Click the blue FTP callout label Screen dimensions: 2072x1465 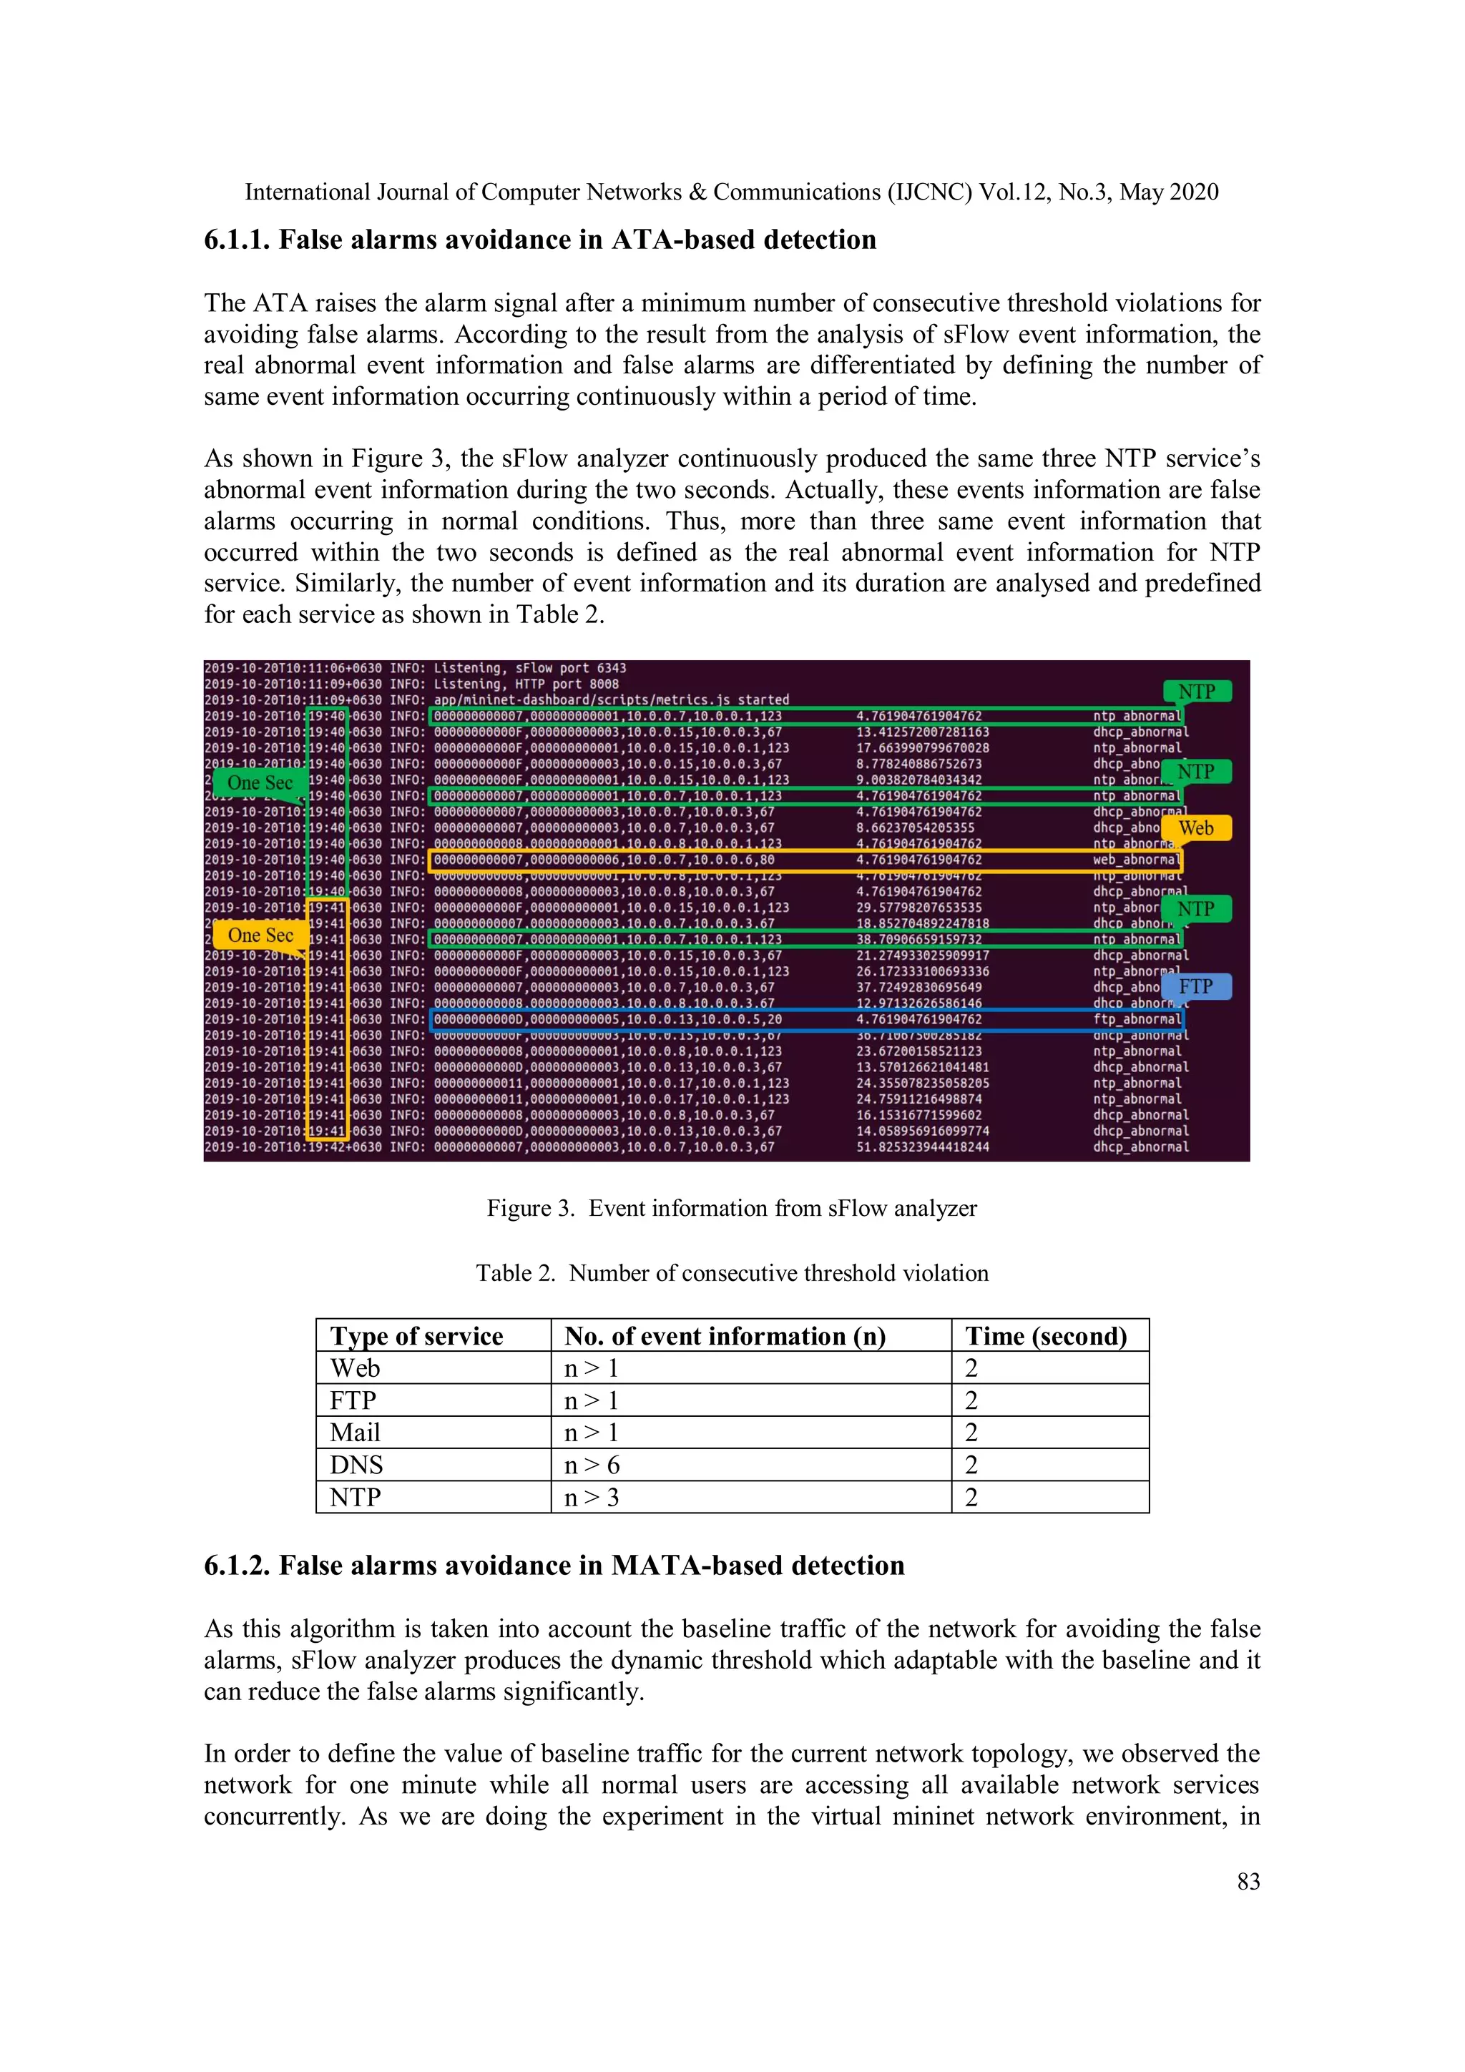(x=1195, y=986)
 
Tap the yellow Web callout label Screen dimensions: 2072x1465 (x=1195, y=828)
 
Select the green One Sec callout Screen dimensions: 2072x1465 (x=259, y=782)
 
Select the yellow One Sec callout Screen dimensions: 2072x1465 (x=259, y=935)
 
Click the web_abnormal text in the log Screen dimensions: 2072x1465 (x=1135, y=860)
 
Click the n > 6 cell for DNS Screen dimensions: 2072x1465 (x=592, y=1465)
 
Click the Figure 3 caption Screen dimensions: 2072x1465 (x=731, y=1208)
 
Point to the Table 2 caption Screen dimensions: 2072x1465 (x=731, y=1273)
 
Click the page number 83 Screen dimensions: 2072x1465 (x=1248, y=1882)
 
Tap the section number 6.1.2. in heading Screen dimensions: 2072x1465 (x=237, y=1566)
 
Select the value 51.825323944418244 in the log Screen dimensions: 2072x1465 (x=921, y=1148)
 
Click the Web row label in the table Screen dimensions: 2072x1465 (x=355, y=1368)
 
